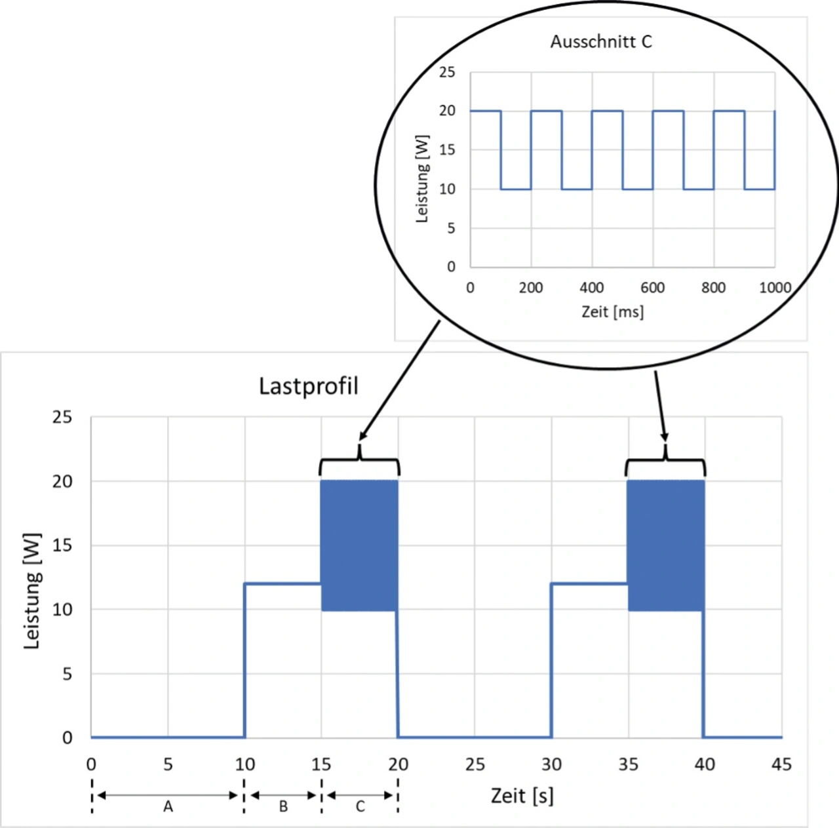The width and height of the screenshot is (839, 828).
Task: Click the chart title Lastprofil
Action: pyautogui.click(x=309, y=386)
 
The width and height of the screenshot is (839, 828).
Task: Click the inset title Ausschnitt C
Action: pyautogui.click(x=601, y=42)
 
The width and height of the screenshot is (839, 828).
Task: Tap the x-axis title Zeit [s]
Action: pyautogui.click(x=522, y=796)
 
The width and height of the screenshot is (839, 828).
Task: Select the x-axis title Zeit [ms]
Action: pyautogui.click(x=612, y=311)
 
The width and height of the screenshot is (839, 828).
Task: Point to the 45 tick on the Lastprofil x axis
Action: pyautogui.click(x=781, y=764)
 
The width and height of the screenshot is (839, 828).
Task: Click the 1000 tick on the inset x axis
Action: pyautogui.click(x=775, y=288)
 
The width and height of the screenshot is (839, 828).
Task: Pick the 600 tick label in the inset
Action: pyautogui.click(x=652, y=288)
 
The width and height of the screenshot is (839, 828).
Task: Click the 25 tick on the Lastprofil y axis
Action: pyautogui.click(x=62, y=417)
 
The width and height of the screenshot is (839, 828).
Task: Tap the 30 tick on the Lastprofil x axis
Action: pyautogui.click(x=551, y=764)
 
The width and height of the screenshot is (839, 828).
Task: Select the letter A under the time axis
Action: pyautogui.click(x=168, y=807)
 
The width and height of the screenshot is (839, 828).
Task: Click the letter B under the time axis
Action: pyautogui.click(x=283, y=807)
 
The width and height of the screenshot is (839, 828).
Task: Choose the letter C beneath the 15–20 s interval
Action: pyautogui.click(x=360, y=807)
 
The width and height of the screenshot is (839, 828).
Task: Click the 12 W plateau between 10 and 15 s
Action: pyautogui.click(x=283, y=583)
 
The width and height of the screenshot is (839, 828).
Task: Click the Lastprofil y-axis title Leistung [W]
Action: pyautogui.click(x=31, y=591)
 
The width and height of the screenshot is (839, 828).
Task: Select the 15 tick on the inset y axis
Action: pyautogui.click(x=447, y=150)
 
